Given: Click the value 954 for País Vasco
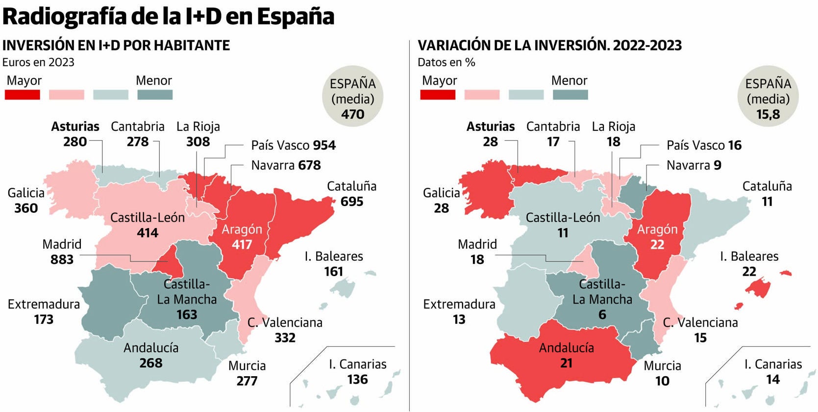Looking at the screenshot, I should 324,145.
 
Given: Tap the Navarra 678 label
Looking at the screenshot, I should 286,165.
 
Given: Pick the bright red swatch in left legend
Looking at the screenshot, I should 22,95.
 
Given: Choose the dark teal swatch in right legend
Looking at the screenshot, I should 570,95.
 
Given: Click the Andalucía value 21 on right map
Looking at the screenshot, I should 566,363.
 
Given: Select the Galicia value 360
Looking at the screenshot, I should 26,208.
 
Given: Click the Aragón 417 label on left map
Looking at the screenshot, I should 242,236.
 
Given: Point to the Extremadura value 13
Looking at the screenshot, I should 459,319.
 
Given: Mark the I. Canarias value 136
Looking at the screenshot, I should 357,379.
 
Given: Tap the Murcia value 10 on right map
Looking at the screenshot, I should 662,381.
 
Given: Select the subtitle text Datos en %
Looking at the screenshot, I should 446,62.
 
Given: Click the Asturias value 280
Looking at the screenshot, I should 75,142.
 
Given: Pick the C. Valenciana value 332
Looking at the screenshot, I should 285,337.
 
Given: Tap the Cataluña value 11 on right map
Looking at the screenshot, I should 767,202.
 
